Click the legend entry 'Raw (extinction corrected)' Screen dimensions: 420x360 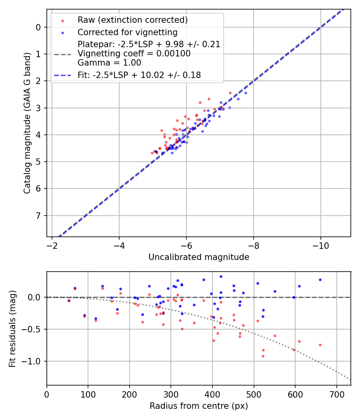(132, 20)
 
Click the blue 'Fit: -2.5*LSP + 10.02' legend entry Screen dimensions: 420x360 (139, 75)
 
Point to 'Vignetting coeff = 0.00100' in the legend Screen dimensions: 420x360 (134, 54)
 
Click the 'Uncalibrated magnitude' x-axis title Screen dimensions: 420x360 (199, 257)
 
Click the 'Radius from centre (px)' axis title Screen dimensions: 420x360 (199, 406)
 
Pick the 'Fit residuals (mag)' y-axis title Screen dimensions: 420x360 (12, 329)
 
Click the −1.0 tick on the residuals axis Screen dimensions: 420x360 (34, 361)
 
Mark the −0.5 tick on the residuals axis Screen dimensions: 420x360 (34, 329)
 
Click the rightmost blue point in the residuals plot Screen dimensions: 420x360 (320, 280)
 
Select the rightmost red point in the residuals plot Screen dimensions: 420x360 (320, 345)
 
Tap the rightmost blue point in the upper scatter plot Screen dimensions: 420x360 (246, 93)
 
